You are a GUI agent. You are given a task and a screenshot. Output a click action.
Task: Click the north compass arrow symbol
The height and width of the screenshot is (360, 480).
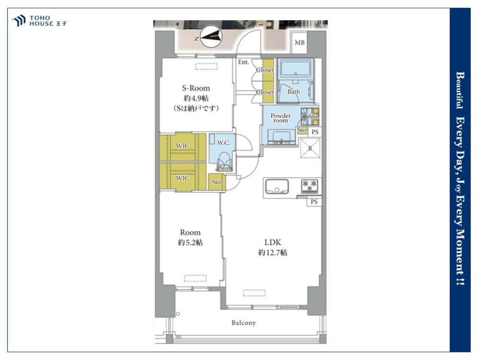click(212, 37)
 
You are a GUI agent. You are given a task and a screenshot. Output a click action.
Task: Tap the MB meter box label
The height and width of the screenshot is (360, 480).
click(300, 43)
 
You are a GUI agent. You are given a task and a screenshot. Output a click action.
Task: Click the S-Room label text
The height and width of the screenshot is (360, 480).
click(196, 88)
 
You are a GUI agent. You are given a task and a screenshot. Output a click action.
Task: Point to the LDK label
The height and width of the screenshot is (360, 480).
click(273, 242)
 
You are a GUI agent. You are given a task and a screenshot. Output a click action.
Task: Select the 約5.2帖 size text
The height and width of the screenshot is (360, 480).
click(190, 243)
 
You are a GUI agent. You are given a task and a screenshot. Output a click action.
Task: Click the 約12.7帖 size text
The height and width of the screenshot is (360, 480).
click(273, 253)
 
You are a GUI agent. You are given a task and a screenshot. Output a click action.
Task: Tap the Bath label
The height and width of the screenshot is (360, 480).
click(294, 92)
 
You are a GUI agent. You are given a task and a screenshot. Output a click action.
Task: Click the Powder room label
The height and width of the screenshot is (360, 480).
click(280, 118)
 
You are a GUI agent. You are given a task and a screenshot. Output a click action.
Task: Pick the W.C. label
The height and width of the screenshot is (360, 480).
click(224, 143)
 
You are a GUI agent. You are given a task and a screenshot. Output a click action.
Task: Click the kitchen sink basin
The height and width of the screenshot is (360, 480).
click(277, 186)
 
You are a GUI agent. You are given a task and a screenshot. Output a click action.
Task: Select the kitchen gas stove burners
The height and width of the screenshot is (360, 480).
click(310, 186)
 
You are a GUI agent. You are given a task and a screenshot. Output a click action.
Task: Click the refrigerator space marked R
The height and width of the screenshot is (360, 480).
click(310, 148)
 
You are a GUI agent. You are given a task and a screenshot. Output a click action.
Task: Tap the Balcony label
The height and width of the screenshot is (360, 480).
click(243, 323)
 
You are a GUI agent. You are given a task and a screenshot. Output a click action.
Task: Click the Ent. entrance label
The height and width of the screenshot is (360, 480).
click(243, 62)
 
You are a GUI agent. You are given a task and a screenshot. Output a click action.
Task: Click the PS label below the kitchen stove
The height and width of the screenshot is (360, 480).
click(314, 202)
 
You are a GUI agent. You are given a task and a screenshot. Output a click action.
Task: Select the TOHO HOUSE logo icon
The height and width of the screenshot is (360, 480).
click(18, 21)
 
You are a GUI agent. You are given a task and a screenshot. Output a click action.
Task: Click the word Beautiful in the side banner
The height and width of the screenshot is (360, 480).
click(459, 90)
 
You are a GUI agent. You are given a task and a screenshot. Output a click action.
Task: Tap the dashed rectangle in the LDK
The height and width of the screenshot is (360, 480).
click(254, 293)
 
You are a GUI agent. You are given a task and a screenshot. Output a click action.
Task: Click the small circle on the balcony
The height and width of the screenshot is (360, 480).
click(178, 314)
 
